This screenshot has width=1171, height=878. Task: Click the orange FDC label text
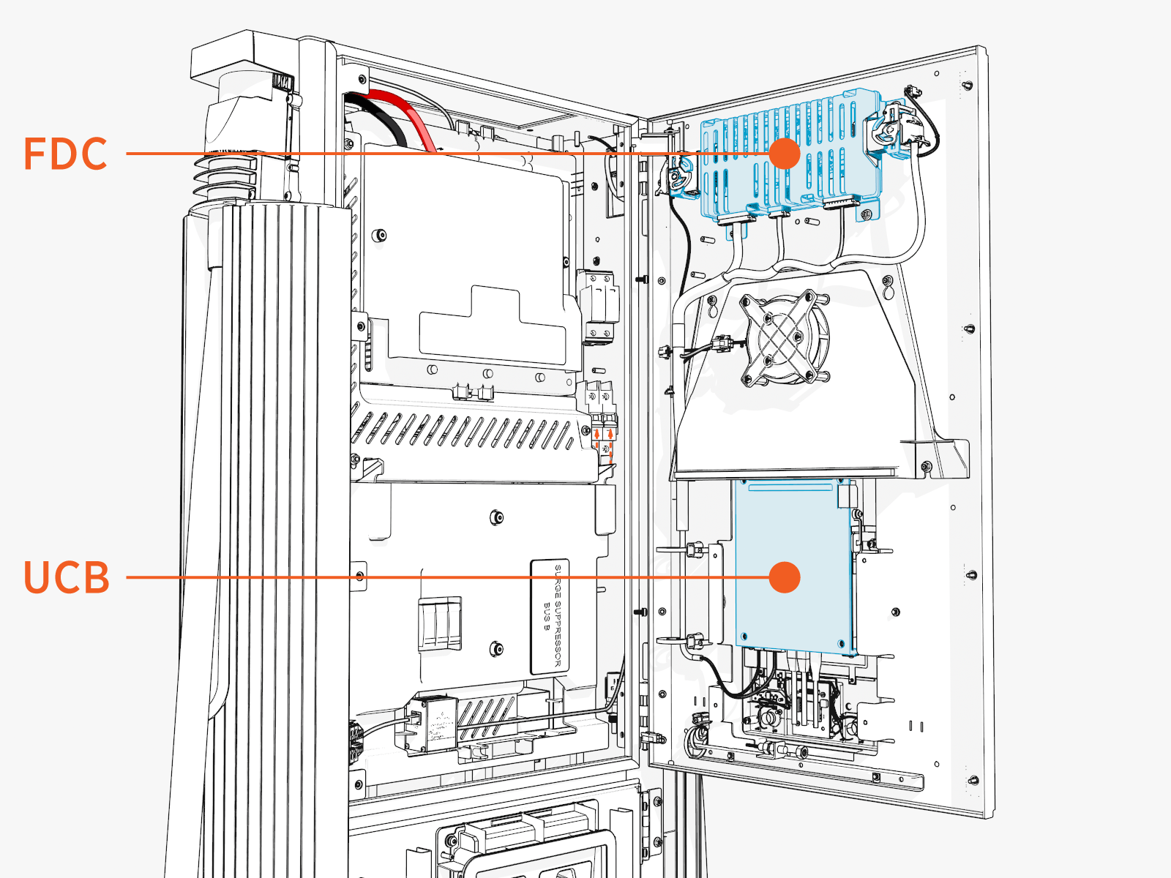66,154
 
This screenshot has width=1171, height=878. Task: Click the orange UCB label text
67,577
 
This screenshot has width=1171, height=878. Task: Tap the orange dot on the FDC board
785,154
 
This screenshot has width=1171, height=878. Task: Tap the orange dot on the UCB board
785,577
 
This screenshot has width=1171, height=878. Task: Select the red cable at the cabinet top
410,117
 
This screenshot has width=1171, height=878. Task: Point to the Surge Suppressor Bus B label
549,617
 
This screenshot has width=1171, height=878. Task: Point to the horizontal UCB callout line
439,577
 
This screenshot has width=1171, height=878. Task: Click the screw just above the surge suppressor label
497,517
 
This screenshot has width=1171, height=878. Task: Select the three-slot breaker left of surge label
440,623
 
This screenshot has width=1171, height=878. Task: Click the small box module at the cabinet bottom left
432,723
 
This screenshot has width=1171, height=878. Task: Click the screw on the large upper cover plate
379,236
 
